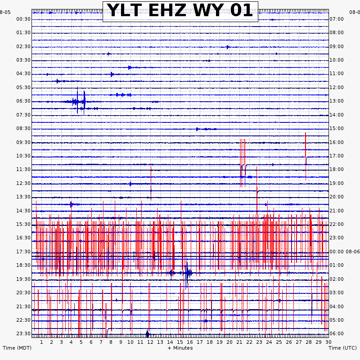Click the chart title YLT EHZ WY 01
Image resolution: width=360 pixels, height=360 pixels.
(180, 11)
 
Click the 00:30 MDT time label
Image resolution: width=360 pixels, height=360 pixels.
(23, 19)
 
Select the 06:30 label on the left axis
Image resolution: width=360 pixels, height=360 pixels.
(23, 101)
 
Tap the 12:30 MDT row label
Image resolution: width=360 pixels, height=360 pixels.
(23, 183)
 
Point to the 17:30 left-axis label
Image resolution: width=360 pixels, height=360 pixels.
(23, 252)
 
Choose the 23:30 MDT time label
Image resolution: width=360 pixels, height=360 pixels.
(23, 333)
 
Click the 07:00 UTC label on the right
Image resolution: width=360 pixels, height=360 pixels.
(337, 19)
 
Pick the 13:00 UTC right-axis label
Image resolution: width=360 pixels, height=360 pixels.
(337, 101)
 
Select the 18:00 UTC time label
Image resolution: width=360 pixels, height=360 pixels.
(337, 169)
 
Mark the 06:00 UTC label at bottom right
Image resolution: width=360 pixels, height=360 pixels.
(337, 333)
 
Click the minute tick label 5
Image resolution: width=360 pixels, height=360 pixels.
(81, 342)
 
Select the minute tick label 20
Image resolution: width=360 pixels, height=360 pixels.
(229, 342)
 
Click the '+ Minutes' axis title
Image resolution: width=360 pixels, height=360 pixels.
(180, 348)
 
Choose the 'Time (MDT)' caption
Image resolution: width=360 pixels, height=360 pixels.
(17, 348)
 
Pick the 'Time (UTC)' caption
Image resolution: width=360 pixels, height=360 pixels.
(343, 348)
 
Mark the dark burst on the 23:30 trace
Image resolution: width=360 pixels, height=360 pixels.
(148, 333)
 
